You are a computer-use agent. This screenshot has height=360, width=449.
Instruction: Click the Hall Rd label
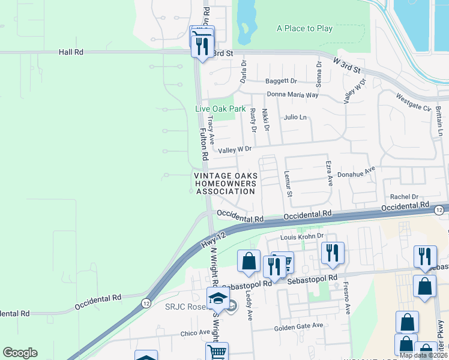click(71, 52)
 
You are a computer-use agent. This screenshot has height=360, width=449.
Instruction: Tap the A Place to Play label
click(304, 28)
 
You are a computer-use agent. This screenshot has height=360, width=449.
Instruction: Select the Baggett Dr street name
click(281, 81)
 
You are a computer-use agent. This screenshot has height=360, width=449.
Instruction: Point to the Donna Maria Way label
click(292, 95)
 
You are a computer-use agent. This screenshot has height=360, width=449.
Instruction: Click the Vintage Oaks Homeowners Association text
click(226, 184)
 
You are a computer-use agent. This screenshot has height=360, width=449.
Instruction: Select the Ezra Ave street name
click(329, 173)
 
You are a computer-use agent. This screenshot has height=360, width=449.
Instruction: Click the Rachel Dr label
click(404, 197)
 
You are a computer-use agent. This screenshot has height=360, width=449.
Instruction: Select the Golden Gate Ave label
click(298, 326)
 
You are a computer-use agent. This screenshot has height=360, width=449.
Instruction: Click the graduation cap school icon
click(217, 298)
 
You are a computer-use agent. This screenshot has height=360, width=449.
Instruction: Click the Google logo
click(20, 353)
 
